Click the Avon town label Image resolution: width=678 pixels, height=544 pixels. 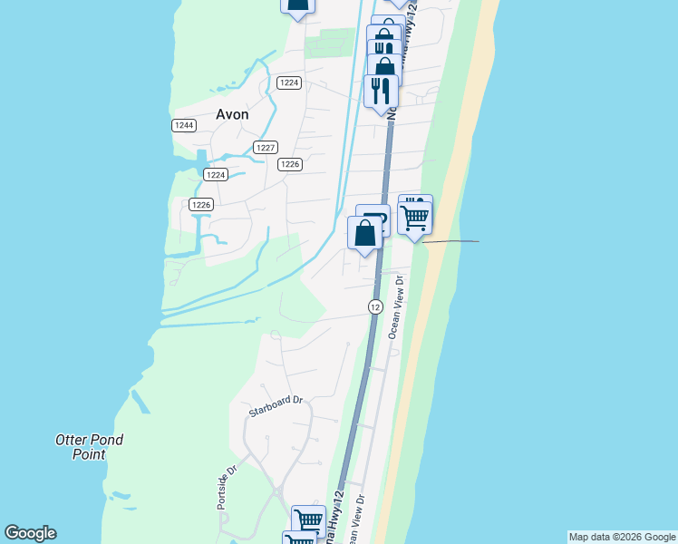(x=232, y=114)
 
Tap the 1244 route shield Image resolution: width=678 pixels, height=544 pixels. (x=183, y=125)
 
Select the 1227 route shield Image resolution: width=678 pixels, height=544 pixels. (x=266, y=147)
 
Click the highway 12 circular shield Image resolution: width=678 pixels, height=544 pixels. (x=375, y=307)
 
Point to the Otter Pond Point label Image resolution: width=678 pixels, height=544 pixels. (x=89, y=447)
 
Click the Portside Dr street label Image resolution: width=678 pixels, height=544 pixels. (x=226, y=488)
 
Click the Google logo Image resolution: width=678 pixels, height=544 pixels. (x=30, y=533)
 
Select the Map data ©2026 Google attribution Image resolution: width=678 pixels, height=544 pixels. (x=622, y=537)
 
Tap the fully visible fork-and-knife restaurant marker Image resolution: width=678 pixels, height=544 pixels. (x=381, y=90)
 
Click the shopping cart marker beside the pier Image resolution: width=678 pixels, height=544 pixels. (x=415, y=218)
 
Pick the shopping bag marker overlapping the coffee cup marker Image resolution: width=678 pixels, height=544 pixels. (x=364, y=233)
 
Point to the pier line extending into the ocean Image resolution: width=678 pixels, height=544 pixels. (x=450, y=241)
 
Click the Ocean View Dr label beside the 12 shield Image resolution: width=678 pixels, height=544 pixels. (x=395, y=308)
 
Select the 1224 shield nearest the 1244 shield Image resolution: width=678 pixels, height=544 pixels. (x=215, y=174)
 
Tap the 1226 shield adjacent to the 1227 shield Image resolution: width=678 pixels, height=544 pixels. (x=289, y=164)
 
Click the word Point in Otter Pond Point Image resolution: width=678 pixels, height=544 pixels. (x=89, y=454)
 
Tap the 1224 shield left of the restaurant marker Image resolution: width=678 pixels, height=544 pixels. (x=288, y=83)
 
